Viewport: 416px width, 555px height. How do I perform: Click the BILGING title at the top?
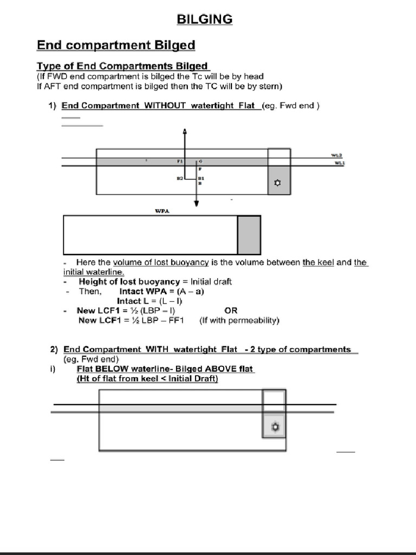coord(205,20)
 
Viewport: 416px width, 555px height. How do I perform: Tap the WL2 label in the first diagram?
coord(337,155)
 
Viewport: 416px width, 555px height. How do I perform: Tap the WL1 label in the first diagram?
coord(339,163)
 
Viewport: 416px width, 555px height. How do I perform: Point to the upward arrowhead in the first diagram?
coord(185,131)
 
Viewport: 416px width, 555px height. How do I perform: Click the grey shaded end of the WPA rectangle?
coord(249,235)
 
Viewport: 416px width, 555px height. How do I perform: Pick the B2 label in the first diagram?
coord(180,178)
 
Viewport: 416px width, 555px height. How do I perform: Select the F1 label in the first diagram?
coord(180,162)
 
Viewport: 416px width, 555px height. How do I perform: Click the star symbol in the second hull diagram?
coord(275,427)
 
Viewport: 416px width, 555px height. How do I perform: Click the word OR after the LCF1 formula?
coord(231,311)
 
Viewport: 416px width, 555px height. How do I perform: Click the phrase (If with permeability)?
coord(239,320)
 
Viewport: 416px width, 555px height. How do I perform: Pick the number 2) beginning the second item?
coord(54,350)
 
